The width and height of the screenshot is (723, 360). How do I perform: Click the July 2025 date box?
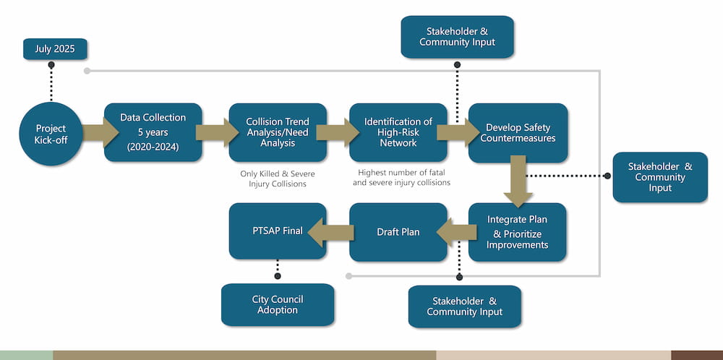[x=54, y=49]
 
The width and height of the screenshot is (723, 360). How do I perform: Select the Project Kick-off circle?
[x=51, y=134]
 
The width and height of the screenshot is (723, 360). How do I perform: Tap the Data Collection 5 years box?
[x=153, y=132]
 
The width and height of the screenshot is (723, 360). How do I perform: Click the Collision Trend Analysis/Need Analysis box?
[x=278, y=132]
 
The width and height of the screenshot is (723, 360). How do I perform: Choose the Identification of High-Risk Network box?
[x=398, y=132]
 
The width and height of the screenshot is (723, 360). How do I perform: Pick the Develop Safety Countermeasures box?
[x=518, y=132]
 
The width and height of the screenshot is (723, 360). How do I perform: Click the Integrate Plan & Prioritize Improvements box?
[x=517, y=232]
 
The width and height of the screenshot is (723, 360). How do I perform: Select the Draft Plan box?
[x=398, y=232]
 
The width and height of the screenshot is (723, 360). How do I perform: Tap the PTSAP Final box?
[x=278, y=231]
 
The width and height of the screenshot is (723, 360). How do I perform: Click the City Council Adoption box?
[x=278, y=304]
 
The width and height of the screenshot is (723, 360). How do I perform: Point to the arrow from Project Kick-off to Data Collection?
[x=100, y=132]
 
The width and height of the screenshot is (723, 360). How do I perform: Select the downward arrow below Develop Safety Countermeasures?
[x=518, y=187]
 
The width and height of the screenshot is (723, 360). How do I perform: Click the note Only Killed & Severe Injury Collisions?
[x=278, y=179]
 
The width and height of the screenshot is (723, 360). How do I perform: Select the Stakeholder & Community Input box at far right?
[x=660, y=177]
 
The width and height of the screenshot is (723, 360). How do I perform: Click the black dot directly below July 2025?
[x=51, y=65]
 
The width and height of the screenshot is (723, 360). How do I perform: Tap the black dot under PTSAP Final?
[x=278, y=275]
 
